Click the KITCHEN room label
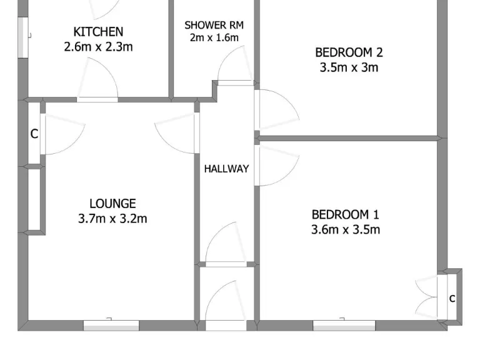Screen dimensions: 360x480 pos(98,31)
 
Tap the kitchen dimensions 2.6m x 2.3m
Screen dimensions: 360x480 pos(98,46)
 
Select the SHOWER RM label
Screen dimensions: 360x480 pos(214,25)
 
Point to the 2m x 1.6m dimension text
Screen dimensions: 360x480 pos(214,37)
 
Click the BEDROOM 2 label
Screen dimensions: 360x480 pos(349,52)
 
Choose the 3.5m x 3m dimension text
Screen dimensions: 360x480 pos(349,67)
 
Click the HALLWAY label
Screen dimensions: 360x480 pos(226,169)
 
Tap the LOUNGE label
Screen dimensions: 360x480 pos(112,203)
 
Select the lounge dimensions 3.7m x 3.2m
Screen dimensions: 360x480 pos(112,219)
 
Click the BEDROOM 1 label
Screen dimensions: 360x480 pos(345,214)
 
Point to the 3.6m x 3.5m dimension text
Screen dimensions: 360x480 pos(345,229)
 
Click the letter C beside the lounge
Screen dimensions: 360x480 pos(34,134)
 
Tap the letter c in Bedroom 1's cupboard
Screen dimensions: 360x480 pos(452,299)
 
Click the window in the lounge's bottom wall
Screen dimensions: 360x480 pos(111,324)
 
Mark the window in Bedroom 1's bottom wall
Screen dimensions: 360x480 pos(344,325)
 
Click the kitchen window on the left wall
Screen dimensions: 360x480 pos(22,37)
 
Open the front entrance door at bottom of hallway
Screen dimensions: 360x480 pos(226,306)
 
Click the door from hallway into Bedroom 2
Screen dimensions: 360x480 pos(275,109)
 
